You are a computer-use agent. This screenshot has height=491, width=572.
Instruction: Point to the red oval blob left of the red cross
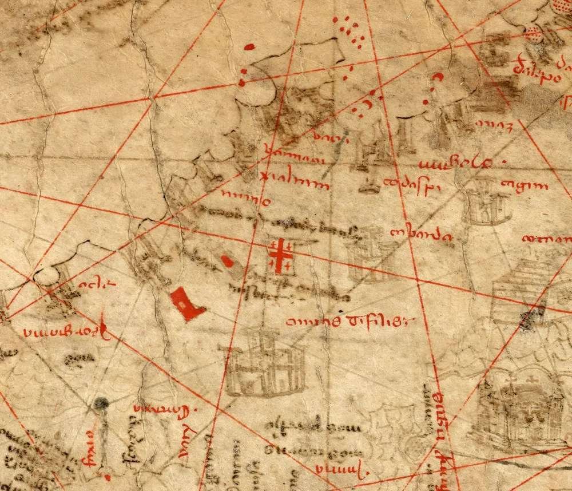tap(227, 262)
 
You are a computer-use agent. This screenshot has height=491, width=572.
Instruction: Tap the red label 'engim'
tap(524, 185)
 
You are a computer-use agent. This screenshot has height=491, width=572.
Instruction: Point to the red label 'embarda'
tap(421, 235)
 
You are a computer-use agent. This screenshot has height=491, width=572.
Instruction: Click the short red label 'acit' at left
tap(88, 284)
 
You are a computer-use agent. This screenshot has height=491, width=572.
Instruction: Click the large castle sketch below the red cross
tap(265, 362)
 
